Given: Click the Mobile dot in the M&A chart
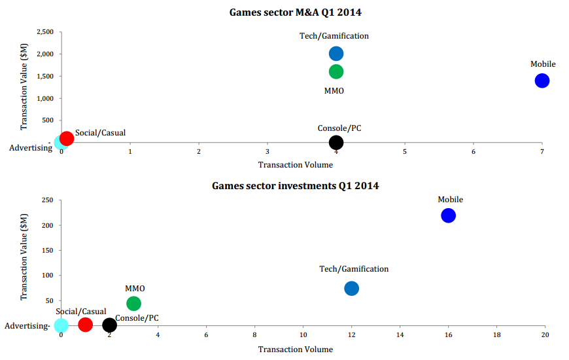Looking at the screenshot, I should [542, 81].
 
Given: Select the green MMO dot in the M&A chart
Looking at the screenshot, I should [336, 71].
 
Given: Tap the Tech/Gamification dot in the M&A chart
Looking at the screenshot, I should [336, 54].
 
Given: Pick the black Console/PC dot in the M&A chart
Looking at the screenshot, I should [336, 142].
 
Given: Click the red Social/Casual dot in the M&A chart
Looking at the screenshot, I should [67, 138].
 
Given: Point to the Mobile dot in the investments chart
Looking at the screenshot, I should [448, 215].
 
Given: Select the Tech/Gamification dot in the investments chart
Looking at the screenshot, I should [351, 288].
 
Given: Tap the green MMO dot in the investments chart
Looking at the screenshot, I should [133, 303].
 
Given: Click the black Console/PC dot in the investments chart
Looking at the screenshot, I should [110, 325].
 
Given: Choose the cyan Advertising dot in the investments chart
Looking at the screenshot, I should [61, 325].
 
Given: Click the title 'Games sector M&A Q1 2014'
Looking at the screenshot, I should [295, 12].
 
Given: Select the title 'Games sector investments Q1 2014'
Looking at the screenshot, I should [295, 186].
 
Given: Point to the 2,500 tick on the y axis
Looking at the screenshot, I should [44, 31].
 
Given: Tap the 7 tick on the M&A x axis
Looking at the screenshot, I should [542, 152].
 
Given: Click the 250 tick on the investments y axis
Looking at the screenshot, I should [46, 200].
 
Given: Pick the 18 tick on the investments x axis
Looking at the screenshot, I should [496, 334].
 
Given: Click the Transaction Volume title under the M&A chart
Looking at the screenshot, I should [295, 165].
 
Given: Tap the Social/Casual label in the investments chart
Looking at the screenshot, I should [81, 312].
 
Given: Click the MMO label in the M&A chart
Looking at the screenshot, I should [334, 91].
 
